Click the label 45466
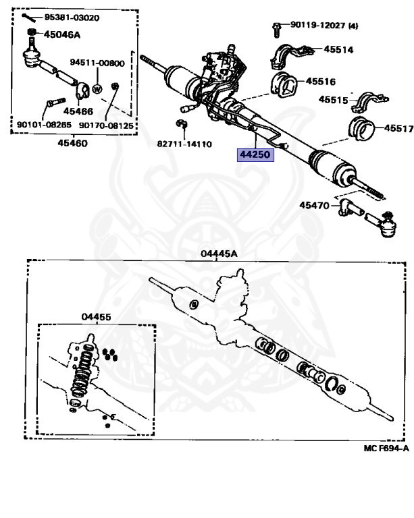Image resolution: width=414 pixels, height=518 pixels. pos(79,111)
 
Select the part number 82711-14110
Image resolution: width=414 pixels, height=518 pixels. pos(184,144)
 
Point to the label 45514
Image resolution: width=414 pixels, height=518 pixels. pos(338,49)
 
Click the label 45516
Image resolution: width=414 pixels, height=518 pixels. pos(321,81)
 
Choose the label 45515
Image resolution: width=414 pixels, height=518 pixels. pos(334,100)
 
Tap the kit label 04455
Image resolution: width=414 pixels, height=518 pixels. pos(97,316)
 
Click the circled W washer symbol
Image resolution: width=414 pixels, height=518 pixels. pos(97,88)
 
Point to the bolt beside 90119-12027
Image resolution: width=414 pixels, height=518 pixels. pos(278,28)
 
